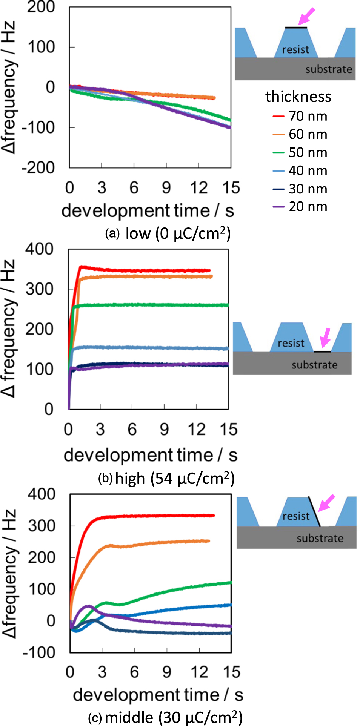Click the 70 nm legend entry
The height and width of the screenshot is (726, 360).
point(300,116)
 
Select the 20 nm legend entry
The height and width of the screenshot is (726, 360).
point(300,207)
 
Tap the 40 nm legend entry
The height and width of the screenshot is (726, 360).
point(300,171)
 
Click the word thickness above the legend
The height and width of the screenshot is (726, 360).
point(298,97)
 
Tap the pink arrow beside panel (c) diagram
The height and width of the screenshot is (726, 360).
point(326,502)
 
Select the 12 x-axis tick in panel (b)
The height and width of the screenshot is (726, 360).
point(197,430)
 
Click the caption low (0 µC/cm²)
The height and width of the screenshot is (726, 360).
point(177,234)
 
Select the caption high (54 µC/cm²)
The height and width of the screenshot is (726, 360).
point(175,478)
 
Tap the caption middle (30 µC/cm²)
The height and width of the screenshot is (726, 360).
point(174,717)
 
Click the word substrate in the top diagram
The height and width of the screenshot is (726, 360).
point(328,69)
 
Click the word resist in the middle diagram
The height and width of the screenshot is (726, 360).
point(291,343)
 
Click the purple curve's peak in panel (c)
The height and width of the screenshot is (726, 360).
point(89,606)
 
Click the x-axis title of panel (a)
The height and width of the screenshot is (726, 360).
point(148,210)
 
